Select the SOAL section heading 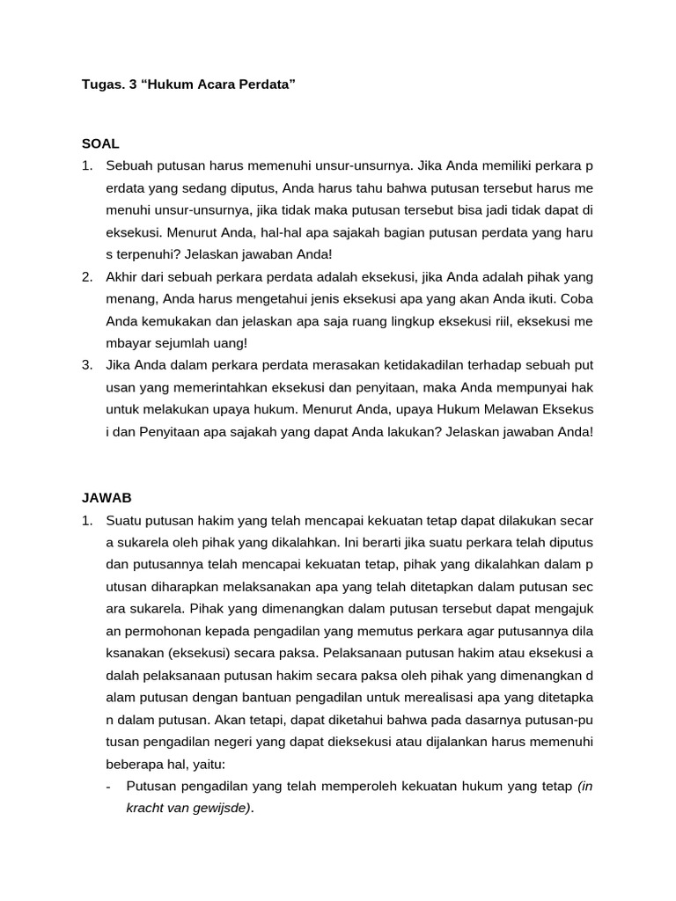(100, 143)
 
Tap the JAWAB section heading (107, 497)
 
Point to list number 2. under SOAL (87, 276)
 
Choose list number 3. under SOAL (87, 365)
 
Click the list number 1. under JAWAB (87, 520)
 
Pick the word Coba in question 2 (579, 298)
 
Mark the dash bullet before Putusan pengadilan (107, 786)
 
